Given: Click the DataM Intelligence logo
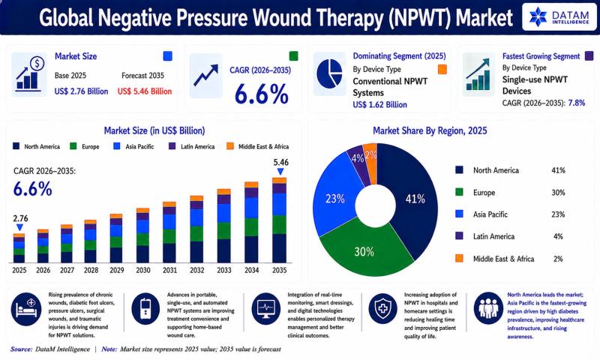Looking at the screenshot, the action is point(559,16).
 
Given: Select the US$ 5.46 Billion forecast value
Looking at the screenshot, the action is point(145,91).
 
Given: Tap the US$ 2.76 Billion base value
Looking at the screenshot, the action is point(81,91).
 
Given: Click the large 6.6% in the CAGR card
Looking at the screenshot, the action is point(261,94).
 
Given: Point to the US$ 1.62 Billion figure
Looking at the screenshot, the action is point(380,104).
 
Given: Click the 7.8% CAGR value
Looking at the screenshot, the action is point(577,103).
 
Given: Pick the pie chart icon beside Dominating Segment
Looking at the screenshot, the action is point(329,73).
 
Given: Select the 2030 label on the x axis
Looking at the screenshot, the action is point(143,270).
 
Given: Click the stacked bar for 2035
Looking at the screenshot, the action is point(279,220).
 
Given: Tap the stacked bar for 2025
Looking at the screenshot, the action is point(19,248).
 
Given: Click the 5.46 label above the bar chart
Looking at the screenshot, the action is point(280,162).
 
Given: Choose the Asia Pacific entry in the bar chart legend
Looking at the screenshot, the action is point(134,146).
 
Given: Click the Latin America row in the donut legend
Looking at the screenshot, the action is point(509,236).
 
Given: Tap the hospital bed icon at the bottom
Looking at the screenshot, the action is point(26,308).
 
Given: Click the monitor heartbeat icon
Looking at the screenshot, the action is point(265,308).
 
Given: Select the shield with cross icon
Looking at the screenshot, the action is point(382,308).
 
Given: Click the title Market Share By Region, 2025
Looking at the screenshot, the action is point(430,130).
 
